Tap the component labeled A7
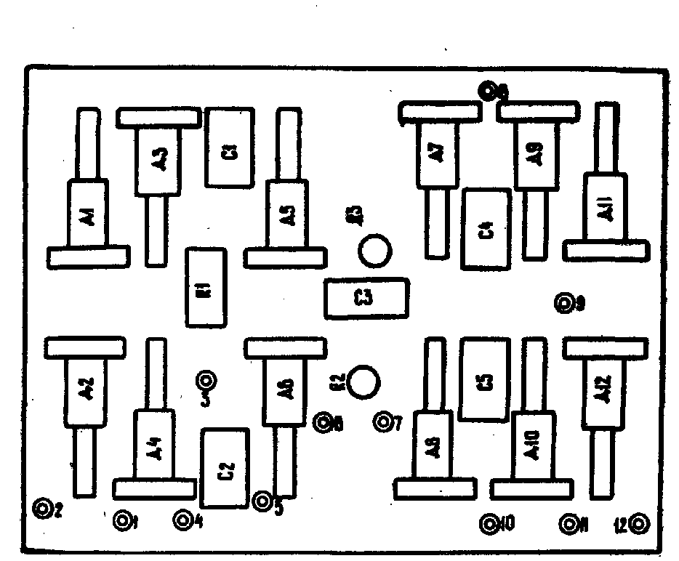coord(436,154)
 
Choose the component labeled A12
coord(603,393)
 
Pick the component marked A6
coord(285,390)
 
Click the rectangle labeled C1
coord(230,147)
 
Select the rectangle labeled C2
coord(225,468)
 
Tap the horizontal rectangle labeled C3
coord(366,298)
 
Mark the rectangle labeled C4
coord(485,229)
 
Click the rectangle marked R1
coord(206,287)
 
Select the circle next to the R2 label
coord(363,381)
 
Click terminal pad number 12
coord(640,523)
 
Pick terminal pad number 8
coord(490,91)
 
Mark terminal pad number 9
coord(564,303)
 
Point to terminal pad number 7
coord(383,421)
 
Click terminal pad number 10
coord(489,523)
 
